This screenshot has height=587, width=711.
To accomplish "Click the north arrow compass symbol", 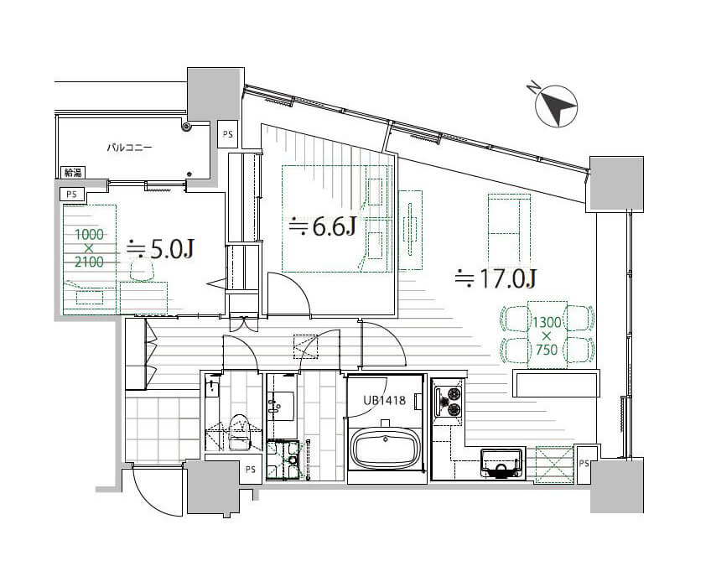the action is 556,106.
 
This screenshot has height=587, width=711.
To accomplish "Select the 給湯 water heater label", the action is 73,173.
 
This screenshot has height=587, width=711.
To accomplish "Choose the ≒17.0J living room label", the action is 496,278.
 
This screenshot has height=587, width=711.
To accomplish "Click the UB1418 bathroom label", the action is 384,401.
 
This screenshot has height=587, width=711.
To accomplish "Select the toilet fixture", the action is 240,432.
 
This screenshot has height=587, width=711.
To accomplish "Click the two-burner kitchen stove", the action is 449,401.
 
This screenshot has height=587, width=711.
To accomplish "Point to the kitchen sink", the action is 502,463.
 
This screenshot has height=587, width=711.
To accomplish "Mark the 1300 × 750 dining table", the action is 548,335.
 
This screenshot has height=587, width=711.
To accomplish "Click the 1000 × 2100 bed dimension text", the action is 89,248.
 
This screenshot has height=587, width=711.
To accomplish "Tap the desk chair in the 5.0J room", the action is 142,270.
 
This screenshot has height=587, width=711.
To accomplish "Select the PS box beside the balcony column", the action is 227,134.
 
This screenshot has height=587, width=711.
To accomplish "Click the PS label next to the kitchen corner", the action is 584,463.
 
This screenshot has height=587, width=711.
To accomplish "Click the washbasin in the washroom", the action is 280,405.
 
